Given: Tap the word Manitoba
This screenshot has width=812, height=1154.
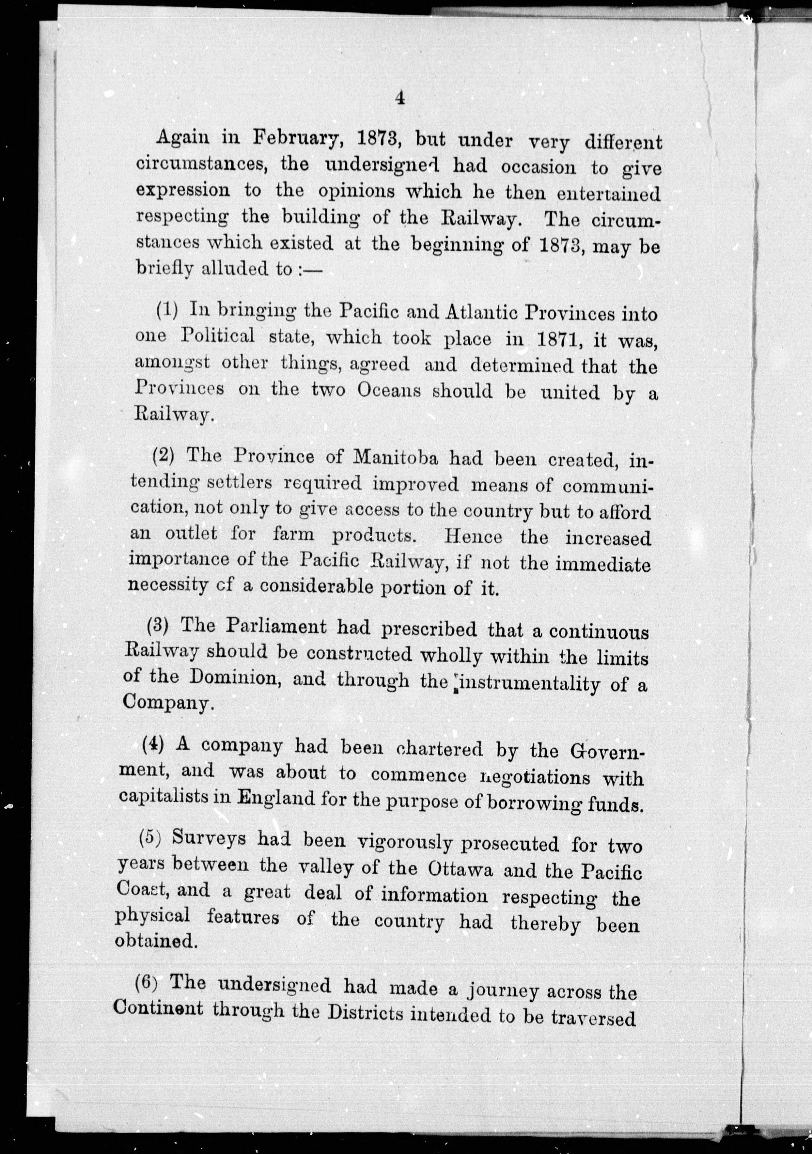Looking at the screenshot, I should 397,457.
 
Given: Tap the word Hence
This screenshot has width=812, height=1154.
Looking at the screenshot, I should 473,537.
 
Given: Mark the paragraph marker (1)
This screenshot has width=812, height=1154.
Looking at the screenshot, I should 167,311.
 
